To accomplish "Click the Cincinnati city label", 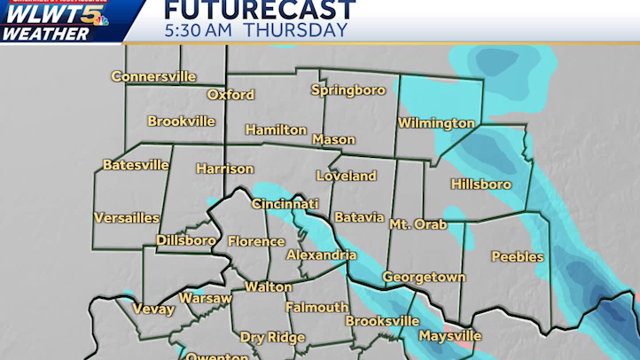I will coord(285,204).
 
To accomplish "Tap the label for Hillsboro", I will coord(480,184).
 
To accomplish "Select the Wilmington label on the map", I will coord(436,123).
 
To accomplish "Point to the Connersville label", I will coord(153,76).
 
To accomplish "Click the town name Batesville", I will coord(136,165).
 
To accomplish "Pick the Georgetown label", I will coord(424,278).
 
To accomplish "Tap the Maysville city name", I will coord(449,336).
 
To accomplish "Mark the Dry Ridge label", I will coord(272,337).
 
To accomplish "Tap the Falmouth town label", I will coord(316,308).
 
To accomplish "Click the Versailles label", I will coord(127,217).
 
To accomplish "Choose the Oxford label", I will coord(230,95).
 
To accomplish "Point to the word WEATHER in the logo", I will coord(46,34).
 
